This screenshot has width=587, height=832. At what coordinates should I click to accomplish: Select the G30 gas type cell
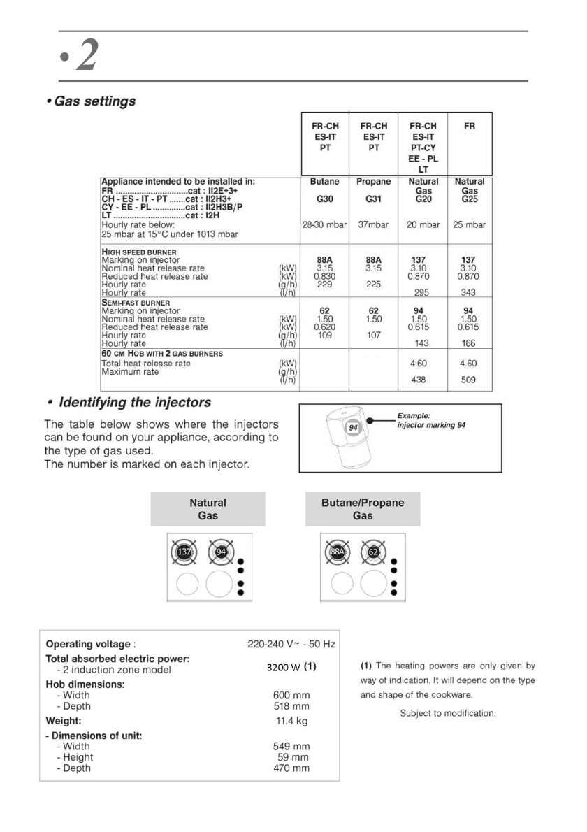324,199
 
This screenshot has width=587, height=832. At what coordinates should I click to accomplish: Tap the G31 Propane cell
373,199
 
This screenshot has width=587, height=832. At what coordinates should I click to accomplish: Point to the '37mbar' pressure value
373,224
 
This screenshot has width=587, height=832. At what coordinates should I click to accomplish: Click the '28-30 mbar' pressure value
324,224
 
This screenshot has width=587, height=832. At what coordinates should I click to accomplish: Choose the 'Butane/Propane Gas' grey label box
363,509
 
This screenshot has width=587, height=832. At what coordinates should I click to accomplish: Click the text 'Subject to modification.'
448,713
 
